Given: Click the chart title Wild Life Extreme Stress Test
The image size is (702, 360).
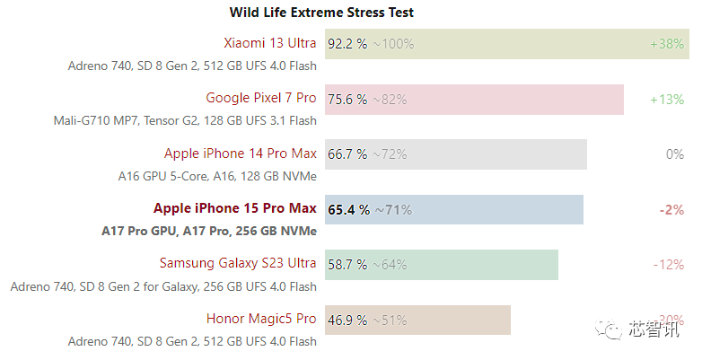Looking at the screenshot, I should [x=321, y=12].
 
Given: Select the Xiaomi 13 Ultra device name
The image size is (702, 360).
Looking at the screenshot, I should [x=270, y=43].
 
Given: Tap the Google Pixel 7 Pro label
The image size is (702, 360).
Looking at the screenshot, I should [x=261, y=98].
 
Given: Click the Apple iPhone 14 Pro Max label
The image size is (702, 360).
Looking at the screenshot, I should [x=241, y=154].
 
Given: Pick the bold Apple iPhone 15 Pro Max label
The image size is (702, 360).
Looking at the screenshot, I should [x=235, y=208].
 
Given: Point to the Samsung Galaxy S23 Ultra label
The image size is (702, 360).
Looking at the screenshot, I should [x=238, y=263].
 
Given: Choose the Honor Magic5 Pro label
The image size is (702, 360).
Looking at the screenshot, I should [x=261, y=319].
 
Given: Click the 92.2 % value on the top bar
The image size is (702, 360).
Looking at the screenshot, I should [x=347, y=44].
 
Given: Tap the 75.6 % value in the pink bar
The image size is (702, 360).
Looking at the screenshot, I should [x=347, y=100].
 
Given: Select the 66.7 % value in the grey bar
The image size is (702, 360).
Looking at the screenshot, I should [x=347, y=154].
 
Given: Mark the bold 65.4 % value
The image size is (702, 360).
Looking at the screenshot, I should [x=349, y=210].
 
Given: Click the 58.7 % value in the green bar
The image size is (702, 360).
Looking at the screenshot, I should [x=347, y=265].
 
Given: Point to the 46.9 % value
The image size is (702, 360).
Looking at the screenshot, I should [x=347, y=320].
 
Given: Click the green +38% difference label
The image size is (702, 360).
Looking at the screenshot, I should [x=667, y=44].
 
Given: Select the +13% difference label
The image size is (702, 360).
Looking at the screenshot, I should [x=667, y=100].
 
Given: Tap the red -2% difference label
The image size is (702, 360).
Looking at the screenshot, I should [x=672, y=210].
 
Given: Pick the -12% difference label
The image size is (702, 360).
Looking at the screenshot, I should [x=669, y=265].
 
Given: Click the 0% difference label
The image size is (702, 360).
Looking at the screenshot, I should [x=675, y=154].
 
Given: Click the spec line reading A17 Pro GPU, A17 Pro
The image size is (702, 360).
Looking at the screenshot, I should [x=209, y=231].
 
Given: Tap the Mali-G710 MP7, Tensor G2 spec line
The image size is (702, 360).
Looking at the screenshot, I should [x=185, y=120].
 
